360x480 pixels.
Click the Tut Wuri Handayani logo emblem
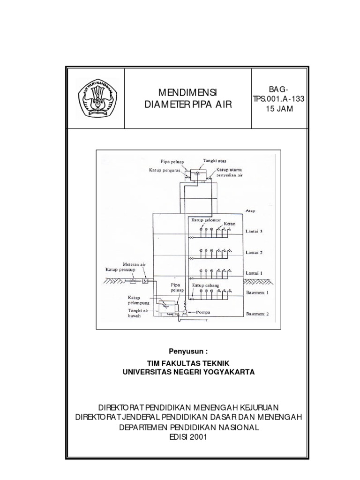point(97,97)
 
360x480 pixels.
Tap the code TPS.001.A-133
point(280,100)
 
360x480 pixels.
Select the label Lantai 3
point(255,231)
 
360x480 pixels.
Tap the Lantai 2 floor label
point(255,252)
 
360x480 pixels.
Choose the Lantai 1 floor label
point(255,272)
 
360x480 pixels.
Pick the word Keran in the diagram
point(229,224)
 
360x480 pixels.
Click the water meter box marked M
point(145,281)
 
